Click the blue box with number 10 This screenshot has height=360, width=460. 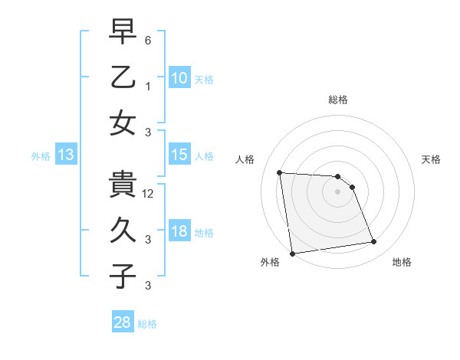[x=179, y=78]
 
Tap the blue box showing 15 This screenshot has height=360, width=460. [x=179, y=155]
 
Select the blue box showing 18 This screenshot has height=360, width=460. [x=179, y=231]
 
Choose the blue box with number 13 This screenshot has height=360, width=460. [x=66, y=155]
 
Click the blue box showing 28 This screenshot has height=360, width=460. [x=123, y=322]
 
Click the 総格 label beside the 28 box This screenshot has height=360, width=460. [x=147, y=324]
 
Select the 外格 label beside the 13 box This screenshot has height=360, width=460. [x=41, y=156]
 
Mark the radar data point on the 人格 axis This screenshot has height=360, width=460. [x=280, y=172]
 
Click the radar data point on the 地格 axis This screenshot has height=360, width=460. [x=373, y=242]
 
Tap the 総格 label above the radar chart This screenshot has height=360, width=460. [x=338, y=100]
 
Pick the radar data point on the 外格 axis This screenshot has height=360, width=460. [x=292, y=253]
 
